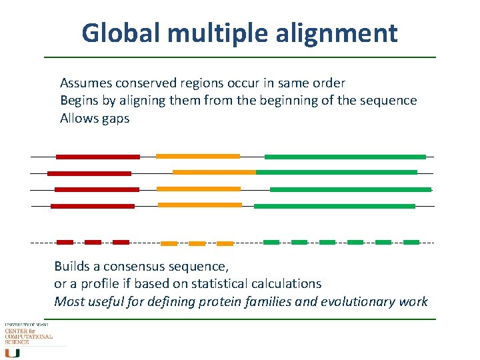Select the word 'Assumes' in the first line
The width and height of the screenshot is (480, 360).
tap(85, 83)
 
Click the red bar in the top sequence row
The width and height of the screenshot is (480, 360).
tap(98, 157)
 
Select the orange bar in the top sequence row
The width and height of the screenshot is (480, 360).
tap(197, 156)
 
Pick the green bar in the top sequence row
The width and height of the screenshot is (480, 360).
tap(345, 157)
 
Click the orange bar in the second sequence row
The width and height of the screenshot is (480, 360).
tap(214, 172)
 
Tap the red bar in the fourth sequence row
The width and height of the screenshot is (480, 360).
tap(93, 207)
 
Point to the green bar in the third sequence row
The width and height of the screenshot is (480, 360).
tap(350, 189)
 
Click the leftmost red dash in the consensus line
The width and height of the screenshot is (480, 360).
tap(65, 242)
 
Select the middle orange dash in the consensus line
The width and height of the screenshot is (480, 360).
tap(197, 243)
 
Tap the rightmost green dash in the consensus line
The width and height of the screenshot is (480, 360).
tap(411, 242)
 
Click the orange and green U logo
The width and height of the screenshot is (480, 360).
tap(13, 351)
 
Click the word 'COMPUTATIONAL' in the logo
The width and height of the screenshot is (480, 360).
tap(29, 337)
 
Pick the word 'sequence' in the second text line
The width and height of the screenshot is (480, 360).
tap(390, 101)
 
